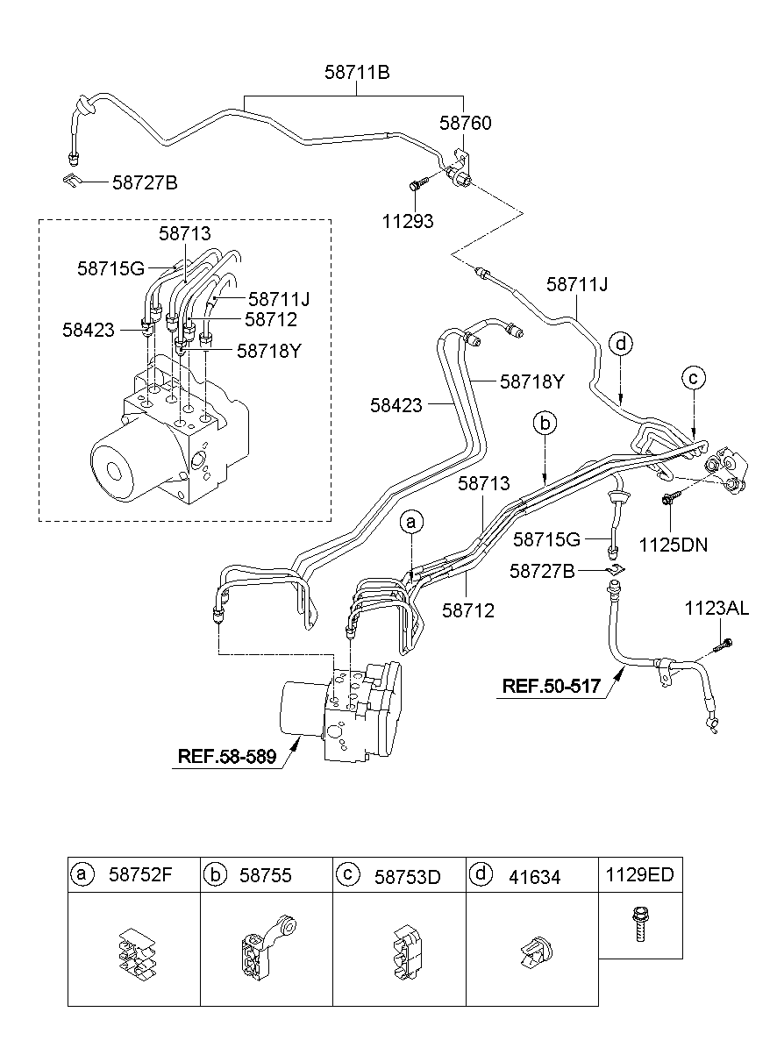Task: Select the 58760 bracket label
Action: click(x=465, y=123)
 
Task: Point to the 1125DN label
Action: click(x=673, y=545)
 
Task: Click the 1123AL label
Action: click(x=717, y=609)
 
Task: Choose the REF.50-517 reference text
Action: click(x=551, y=686)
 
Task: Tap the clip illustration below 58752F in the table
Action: click(x=135, y=950)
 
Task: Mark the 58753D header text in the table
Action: click(x=410, y=875)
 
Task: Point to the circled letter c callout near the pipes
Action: click(x=693, y=378)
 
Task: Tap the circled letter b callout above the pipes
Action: click(x=545, y=424)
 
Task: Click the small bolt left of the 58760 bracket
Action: click(x=417, y=183)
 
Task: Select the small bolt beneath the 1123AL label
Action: click(x=723, y=646)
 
